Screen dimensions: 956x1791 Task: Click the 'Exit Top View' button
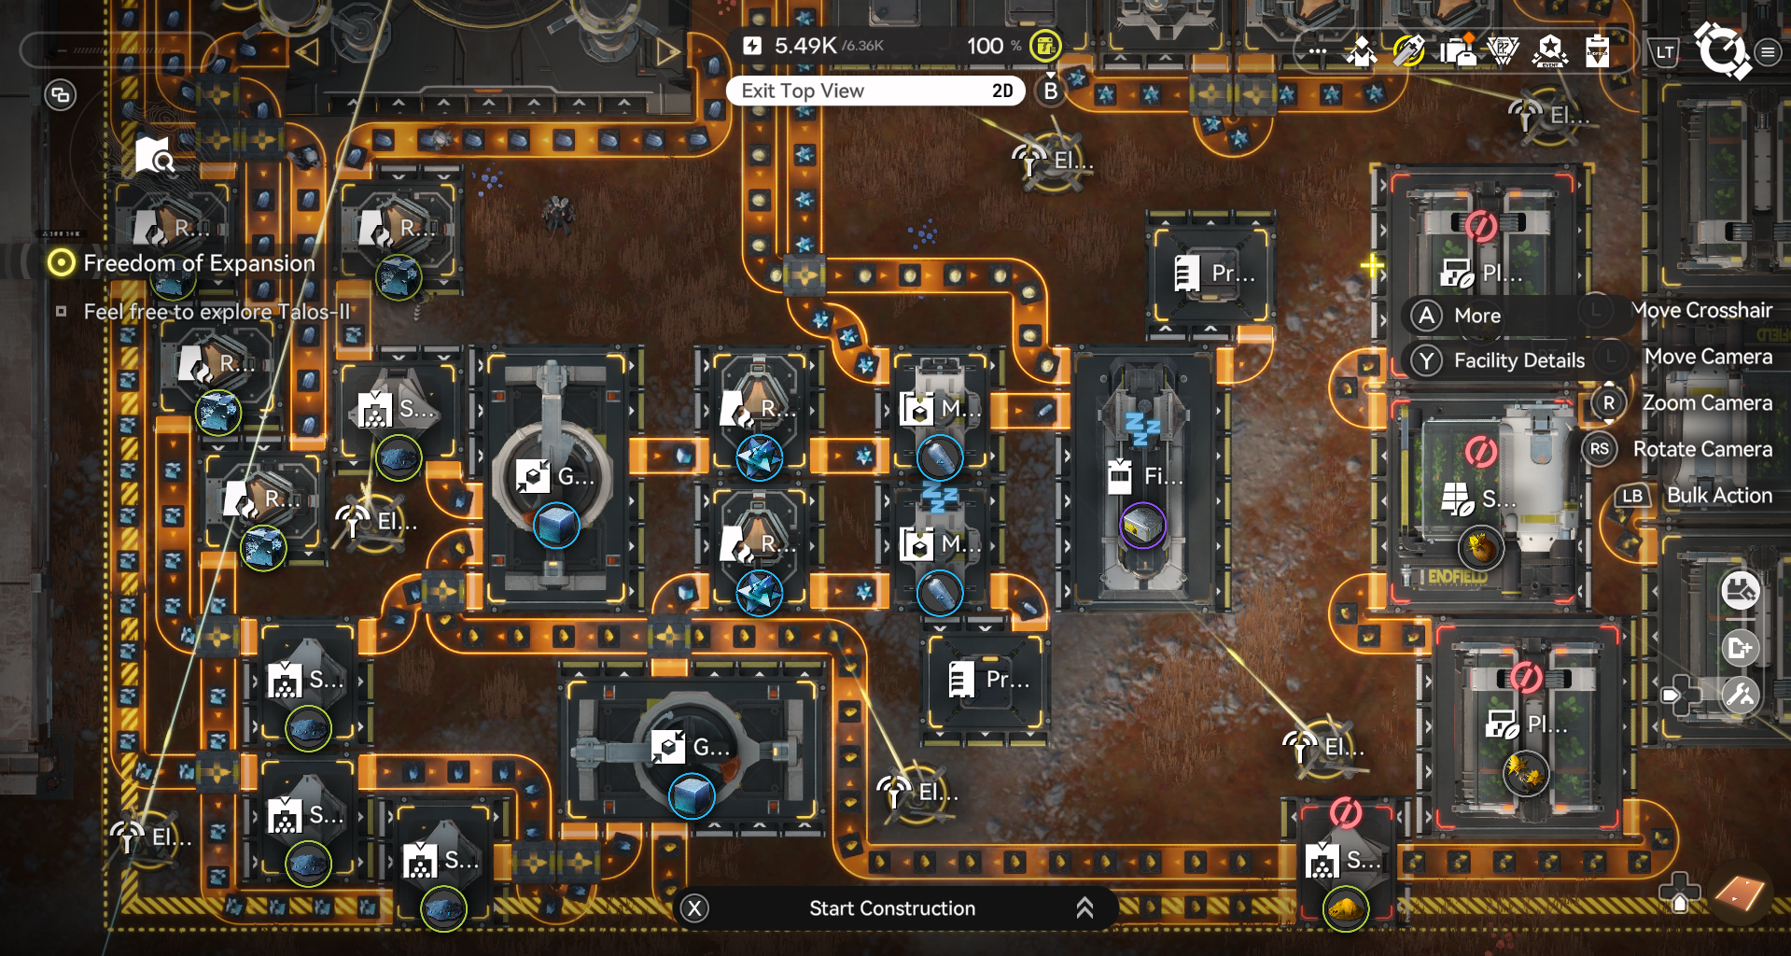[803, 91]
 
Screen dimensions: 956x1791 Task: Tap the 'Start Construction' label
[891, 908]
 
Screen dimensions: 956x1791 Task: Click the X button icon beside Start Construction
[694, 908]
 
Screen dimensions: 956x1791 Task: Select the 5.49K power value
[805, 46]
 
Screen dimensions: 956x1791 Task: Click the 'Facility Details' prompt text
[1518, 360]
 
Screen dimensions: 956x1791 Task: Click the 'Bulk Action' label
[1719, 496]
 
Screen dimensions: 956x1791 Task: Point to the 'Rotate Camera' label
[1701, 449]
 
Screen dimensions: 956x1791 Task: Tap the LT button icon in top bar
[1665, 52]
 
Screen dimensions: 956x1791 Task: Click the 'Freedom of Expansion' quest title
[199, 263]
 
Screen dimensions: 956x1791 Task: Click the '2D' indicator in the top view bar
[1002, 91]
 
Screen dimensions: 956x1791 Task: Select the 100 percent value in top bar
[985, 46]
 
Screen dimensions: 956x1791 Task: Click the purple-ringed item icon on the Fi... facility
[1142, 525]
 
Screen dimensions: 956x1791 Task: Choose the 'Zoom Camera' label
[1706, 402]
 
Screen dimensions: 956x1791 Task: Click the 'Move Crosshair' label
[1701, 310]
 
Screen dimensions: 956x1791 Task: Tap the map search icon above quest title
[154, 156]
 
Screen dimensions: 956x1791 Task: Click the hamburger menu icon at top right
[1768, 52]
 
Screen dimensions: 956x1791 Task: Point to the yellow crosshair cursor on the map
[1371, 266]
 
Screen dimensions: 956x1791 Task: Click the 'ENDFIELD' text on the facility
[1456, 577]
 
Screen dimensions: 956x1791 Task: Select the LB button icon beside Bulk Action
[1631, 496]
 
